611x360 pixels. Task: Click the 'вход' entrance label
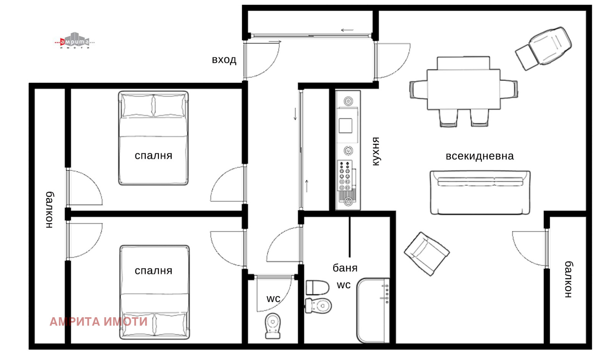(x=224, y=60)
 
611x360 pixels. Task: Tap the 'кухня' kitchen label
(x=376, y=151)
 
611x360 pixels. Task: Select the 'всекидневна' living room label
(x=480, y=156)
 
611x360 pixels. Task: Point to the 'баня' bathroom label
(x=345, y=268)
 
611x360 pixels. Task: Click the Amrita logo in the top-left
(x=74, y=41)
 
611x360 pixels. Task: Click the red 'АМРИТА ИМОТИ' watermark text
(x=99, y=322)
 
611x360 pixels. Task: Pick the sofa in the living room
(x=480, y=192)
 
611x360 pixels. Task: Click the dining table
(x=464, y=89)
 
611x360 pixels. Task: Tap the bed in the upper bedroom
(x=153, y=138)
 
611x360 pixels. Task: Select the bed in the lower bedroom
(x=154, y=292)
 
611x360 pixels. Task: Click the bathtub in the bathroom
(x=373, y=310)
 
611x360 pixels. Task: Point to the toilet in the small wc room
(x=273, y=326)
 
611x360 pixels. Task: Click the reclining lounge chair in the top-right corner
(x=543, y=48)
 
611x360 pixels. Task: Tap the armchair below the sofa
(x=427, y=253)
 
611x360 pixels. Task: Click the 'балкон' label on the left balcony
(x=49, y=210)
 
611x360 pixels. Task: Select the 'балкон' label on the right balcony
(x=569, y=279)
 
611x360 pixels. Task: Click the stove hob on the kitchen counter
(x=345, y=176)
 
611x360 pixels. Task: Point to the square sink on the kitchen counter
(x=345, y=126)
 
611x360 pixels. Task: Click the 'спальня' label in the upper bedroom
(x=154, y=155)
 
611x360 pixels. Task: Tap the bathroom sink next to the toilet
(x=317, y=287)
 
